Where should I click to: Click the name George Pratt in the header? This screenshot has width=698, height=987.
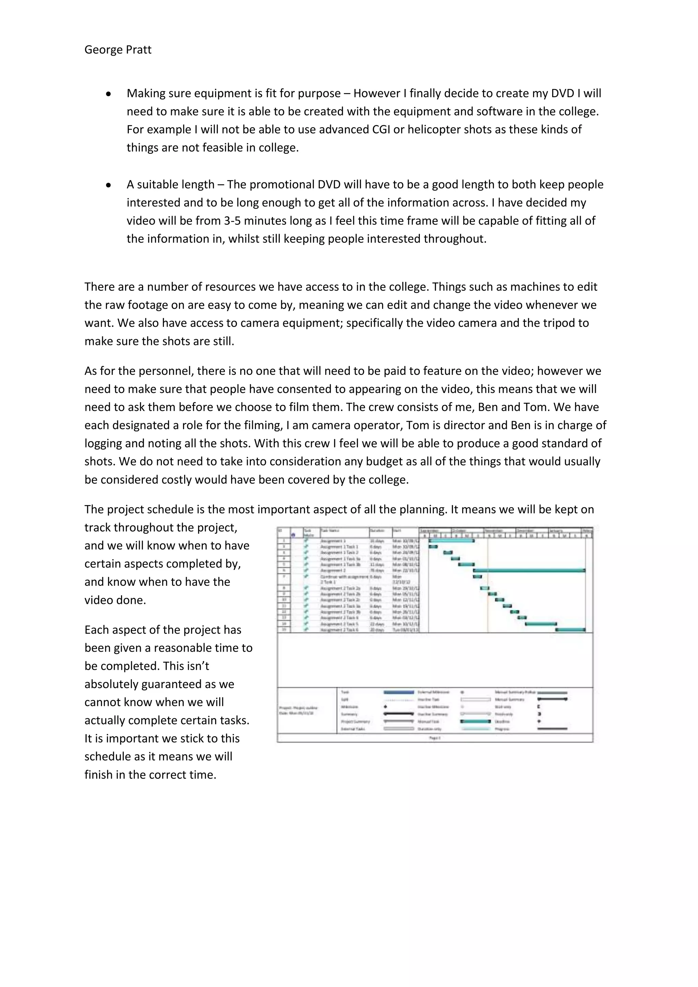point(118,50)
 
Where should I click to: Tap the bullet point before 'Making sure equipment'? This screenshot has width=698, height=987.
point(109,94)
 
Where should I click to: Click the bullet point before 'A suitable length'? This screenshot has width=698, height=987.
point(109,185)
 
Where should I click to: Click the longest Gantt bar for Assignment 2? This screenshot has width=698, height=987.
point(529,571)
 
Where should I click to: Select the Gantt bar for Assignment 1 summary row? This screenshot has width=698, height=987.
point(451,540)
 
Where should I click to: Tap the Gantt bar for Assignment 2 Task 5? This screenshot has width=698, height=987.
point(541,623)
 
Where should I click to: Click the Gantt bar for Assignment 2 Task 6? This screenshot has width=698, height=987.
point(570,629)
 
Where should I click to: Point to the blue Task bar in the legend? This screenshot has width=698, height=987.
point(398,693)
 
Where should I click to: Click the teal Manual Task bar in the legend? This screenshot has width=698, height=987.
point(475,722)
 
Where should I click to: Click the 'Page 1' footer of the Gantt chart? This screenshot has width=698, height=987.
point(435,738)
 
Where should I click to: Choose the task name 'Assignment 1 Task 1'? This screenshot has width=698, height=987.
point(339,546)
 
